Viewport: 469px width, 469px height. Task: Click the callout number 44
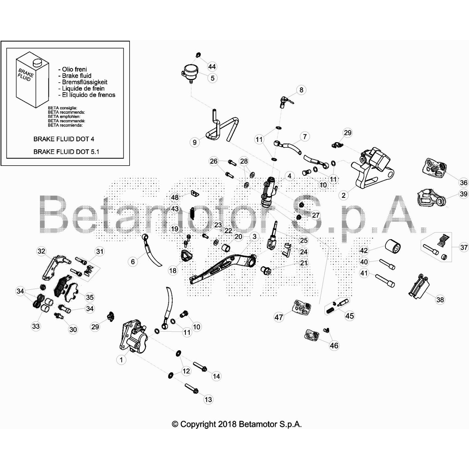(212, 67)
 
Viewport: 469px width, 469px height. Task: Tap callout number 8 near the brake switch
(301, 90)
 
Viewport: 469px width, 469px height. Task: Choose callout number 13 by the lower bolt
(208, 399)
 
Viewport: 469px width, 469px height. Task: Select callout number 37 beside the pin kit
(464, 247)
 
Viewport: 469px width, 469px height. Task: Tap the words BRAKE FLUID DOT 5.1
(66, 152)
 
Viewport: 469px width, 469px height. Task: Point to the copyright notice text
(237, 424)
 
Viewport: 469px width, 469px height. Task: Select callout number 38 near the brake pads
(440, 300)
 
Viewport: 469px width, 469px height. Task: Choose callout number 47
(278, 317)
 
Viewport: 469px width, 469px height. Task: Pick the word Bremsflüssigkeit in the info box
(84, 82)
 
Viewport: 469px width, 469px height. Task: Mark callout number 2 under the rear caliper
(344, 195)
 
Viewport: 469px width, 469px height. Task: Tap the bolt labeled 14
(200, 366)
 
